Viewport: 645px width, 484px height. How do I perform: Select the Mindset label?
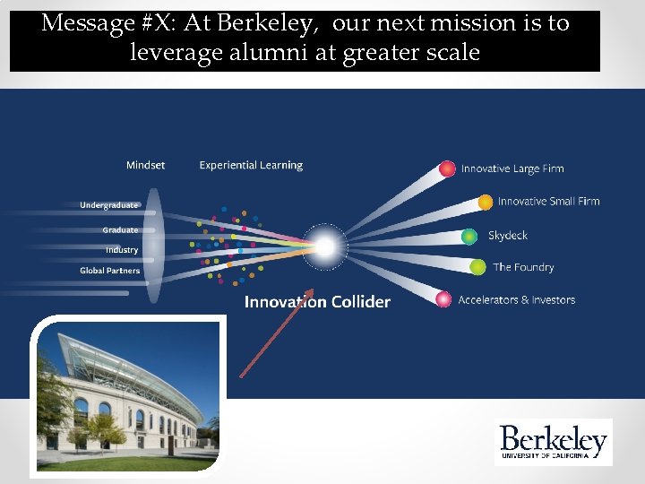pyautogui.click(x=145, y=165)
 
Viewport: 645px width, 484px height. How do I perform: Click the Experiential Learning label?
pyautogui.click(x=251, y=165)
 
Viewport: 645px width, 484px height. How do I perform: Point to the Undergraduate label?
pyautogui.click(x=108, y=205)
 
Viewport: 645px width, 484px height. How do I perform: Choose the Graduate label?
pyautogui.click(x=120, y=230)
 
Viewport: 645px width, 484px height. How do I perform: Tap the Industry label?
pyautogui.click(x=122, y=250)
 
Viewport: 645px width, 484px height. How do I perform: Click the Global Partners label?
pyautogui.click(x=109, y=271)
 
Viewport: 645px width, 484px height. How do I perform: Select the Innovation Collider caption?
pyautogui.click(x=317, y=302)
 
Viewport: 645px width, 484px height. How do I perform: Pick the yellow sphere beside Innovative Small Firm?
pyautogui.click(x=485, y=203)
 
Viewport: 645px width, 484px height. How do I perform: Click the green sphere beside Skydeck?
pyautogui.click(x=469, y=237)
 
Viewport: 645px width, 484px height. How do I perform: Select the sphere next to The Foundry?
pyautogui.click(x=477, y=267)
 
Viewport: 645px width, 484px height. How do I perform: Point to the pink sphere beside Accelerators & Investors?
pyautogui.click(x=443, y=299)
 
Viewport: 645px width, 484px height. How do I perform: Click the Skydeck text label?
pyautogui.click(x=507, y=236)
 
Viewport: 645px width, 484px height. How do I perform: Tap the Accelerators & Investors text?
pyautogui.click(x=516, y=300)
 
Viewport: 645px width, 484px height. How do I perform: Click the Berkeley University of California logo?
pyautogui.click(x=553, y=442)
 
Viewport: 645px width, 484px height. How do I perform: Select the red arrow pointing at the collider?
pyautogui.click(x=276, y=333)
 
